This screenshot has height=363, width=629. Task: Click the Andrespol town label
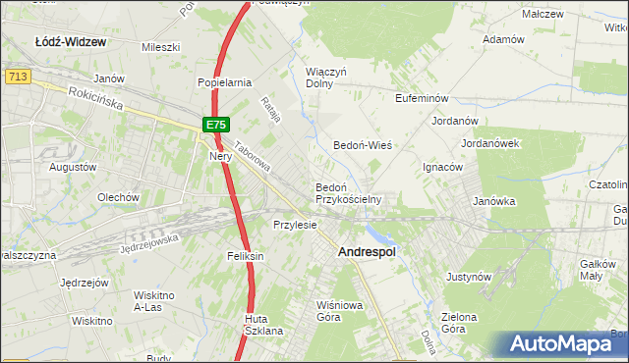[367, 252]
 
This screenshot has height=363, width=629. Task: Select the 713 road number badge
[15, 75]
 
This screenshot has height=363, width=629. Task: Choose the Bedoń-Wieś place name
[363, 144]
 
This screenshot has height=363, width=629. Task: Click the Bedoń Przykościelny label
[347, 192]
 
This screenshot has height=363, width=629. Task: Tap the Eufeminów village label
[422, 99]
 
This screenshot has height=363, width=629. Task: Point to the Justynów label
[468, 277]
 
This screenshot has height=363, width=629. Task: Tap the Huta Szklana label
[263, 325]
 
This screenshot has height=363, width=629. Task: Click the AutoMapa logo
[565, 344]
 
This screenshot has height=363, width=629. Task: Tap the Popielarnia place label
[225, 82]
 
